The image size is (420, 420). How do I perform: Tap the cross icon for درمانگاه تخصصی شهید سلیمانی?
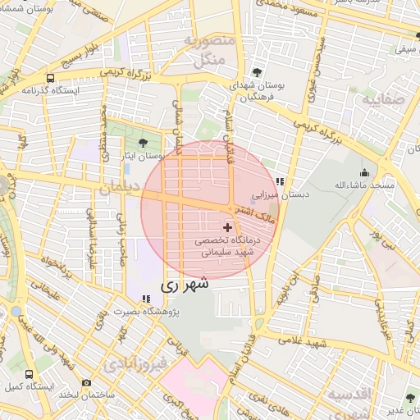[x=227, y=226]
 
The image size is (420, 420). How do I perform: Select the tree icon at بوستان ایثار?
[x=144, y=143]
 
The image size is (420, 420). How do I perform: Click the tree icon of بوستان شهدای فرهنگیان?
[x=257, y=73]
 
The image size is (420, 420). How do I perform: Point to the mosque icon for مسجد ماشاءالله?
[x=364, y=173]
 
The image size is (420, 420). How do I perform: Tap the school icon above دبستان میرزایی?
[x=280, y=181]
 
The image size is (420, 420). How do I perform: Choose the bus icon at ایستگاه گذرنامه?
[x=51, y=79]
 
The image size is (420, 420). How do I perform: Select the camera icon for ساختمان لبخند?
[x=87, y=383]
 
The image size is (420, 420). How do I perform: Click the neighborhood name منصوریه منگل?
[x=208, y=49]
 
